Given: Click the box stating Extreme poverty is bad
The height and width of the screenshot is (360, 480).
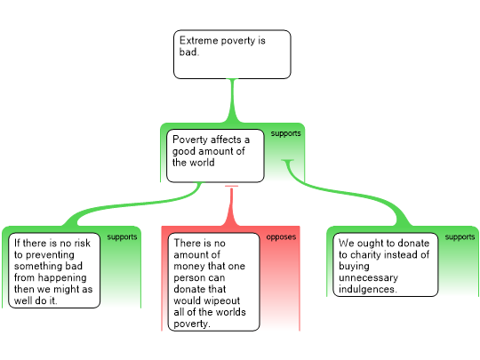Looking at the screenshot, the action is [232, 54].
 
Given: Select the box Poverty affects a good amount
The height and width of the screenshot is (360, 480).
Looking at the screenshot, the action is [215, 156].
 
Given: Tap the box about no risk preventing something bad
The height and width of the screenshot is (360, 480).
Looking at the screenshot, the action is [54, 270].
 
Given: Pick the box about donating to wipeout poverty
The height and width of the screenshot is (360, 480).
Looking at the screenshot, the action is [213, 282].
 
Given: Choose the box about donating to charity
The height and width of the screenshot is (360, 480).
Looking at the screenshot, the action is [386, 265].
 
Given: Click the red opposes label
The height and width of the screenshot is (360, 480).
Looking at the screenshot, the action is [281, 237].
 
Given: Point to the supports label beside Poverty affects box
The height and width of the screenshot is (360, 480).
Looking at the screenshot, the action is [285, 133].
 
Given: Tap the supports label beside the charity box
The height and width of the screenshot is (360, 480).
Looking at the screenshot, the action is [460, 237].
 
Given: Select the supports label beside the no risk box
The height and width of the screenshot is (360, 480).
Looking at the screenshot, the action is [122, 237].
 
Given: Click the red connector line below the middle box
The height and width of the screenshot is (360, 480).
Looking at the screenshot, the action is [231, 205].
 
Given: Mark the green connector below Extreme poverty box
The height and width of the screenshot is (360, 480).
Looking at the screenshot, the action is [232, 100].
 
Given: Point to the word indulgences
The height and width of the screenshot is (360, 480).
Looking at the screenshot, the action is [368, 289].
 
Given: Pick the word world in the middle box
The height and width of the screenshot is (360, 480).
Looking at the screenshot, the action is [202, 163].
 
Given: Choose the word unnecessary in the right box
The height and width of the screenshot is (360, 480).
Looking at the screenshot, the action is [369, 278].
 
